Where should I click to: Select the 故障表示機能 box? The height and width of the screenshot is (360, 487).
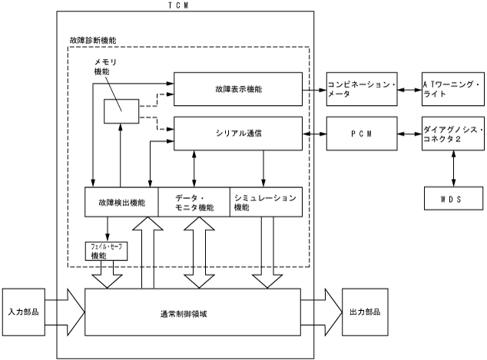tap(237, 89)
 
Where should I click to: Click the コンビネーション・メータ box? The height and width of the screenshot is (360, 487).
tap(362, 89)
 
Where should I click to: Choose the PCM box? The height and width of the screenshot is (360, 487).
tap(362, 134)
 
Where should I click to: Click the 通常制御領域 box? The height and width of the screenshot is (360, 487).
tap(192, 312)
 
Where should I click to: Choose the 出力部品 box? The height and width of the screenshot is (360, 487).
tap(362, 312)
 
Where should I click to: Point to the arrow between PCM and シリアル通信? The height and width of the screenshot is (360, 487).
tap(313, 134)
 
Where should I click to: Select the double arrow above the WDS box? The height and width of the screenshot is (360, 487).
tap(453, 168)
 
